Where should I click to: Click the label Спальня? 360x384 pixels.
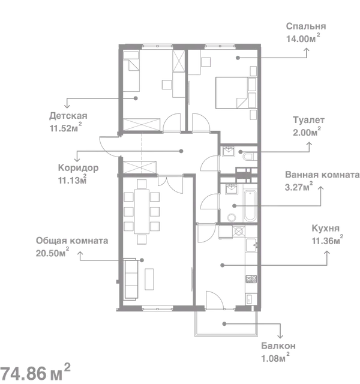(306, 26)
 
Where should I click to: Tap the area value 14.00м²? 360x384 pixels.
(303, 38)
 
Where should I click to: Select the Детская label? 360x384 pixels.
(68, 116)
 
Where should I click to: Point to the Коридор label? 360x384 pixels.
(79, 168)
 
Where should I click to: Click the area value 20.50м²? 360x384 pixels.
(52, 252)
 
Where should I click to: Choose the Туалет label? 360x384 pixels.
(308, 120)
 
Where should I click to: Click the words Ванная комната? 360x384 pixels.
(322, 175)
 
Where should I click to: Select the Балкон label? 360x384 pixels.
(278, 346)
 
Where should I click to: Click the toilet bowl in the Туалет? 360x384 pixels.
(250, 157)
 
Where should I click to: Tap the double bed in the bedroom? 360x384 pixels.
(236, 93)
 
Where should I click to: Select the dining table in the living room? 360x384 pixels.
(142, 211)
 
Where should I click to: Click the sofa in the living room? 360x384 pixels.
(131, 279)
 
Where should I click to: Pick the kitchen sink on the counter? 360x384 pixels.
(251, 245)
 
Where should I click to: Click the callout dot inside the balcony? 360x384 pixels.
(224, 324)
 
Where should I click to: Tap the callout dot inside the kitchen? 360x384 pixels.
(223, 265)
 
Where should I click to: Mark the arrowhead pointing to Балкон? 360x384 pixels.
(280, 337)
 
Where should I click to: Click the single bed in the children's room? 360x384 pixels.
(131, 71)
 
